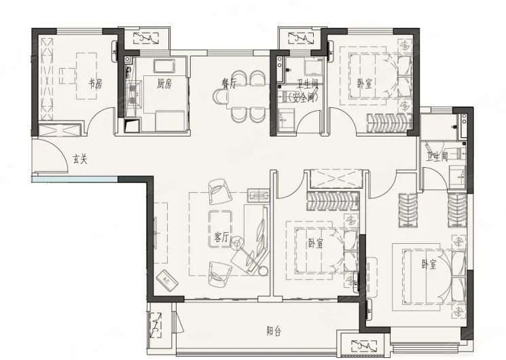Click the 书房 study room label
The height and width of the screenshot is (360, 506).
(x=96, y=84)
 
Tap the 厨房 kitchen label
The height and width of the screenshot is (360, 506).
(x=164, y=84)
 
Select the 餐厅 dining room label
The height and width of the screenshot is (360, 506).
(x=230, y=84)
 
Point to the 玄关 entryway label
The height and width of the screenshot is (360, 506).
(x=79, y=159)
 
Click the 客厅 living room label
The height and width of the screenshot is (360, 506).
(x=221, y=238)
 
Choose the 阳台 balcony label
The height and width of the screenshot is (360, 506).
(x=274, y=331)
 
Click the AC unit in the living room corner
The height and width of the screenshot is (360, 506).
(x=167, y=280)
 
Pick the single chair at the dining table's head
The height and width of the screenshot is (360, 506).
(x=220, y=96)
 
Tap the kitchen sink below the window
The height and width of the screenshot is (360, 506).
(x=164, y=66)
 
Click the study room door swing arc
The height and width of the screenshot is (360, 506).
(x=97, y=113)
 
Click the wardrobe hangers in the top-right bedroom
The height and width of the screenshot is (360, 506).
(x=390, y=123)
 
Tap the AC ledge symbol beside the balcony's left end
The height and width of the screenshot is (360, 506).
(x=156, y=325)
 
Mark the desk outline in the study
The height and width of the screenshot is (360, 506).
(x=86, y=76)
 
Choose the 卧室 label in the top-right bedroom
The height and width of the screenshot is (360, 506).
(x=365, y=84)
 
